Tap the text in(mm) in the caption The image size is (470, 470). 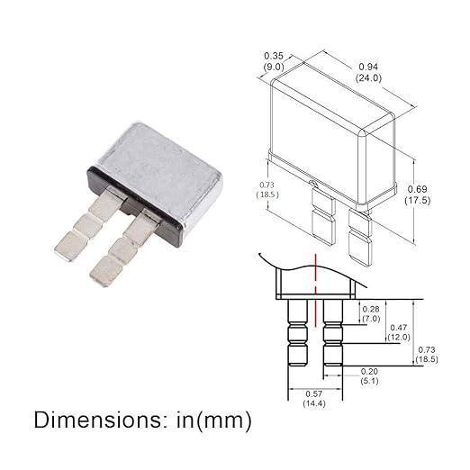point(214,420)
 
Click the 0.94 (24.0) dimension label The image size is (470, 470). point(368,72)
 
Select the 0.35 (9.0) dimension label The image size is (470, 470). point(274,61)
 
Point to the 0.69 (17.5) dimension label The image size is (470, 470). point(417,194)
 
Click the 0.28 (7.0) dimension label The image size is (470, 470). point(371,313)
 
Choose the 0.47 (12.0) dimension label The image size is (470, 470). point(399,332)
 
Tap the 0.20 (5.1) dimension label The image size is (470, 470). point(369,376)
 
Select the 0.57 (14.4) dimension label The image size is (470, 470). point(314,398)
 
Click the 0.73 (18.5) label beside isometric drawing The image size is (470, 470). point(267,190)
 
